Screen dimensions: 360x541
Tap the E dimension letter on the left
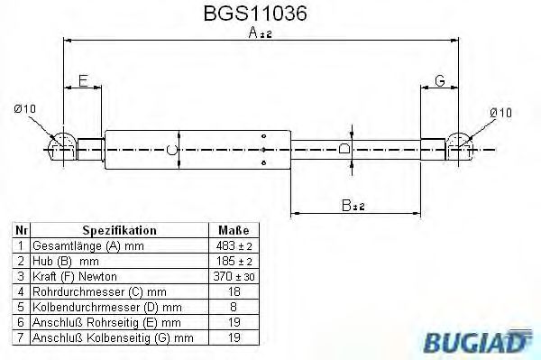83,81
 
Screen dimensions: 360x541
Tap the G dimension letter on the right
439,81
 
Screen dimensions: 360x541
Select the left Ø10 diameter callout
25,109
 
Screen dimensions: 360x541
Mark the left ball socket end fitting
60,145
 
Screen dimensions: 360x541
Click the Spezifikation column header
120,231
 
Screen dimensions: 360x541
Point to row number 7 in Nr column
20,338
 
